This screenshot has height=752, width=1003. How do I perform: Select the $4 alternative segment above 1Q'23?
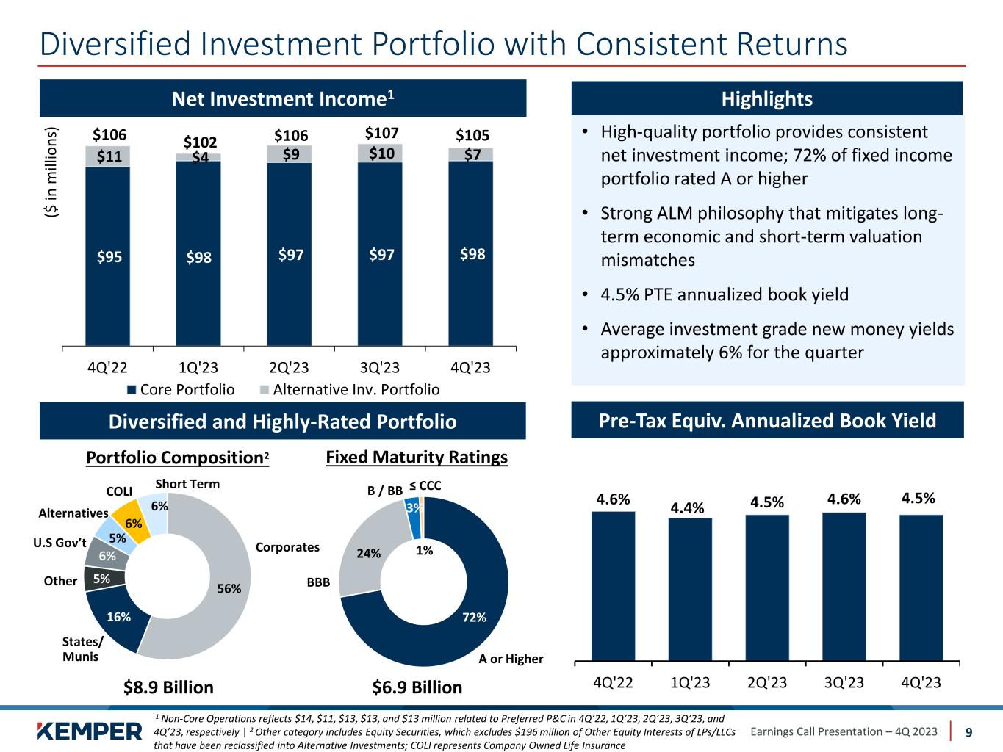click(198, 157)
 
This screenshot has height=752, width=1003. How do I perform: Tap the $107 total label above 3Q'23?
click(382, 133)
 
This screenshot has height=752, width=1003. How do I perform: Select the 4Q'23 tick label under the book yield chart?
click(921, 682)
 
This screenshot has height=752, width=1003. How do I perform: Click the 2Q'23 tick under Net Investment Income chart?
click(289, 367)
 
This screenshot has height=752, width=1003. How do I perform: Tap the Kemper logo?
click(90, 731)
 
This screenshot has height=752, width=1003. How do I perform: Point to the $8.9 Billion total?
click(168, 687)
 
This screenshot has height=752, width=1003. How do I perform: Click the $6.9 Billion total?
click(417, 687)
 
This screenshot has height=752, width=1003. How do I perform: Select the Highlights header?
click(766, 98)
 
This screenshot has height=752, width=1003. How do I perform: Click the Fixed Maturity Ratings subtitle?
click(417, 458)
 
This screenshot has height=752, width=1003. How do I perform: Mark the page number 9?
click(968, 731)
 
